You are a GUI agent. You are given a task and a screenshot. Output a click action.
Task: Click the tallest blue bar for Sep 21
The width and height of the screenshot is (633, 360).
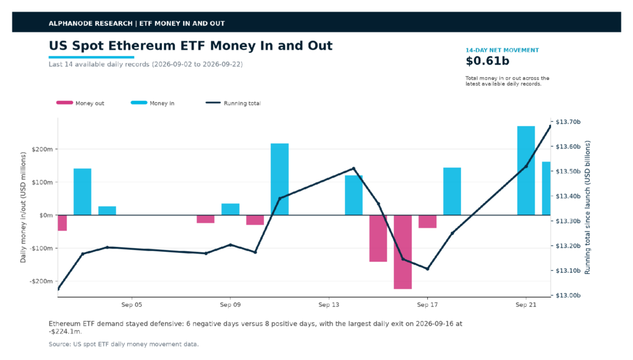[525, 171]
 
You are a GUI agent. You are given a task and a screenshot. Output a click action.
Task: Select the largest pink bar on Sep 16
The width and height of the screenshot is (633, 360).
[402, 252]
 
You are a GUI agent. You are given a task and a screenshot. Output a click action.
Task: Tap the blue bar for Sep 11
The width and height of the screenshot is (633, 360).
[279, 179]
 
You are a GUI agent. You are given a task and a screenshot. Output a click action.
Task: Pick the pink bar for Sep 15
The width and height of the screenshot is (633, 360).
[378, 238]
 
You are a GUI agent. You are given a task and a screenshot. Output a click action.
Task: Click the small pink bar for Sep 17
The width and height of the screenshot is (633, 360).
[427, 221]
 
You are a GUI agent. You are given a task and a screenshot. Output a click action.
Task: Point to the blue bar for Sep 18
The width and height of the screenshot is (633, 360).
[452, 191]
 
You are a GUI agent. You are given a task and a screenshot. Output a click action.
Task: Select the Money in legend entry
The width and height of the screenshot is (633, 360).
[153, 103]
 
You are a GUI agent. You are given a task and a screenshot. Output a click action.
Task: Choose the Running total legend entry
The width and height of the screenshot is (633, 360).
[233, 103]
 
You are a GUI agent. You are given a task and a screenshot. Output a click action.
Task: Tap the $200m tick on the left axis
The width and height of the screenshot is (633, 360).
[43, 149]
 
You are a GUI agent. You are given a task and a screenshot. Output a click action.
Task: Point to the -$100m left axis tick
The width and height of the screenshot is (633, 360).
[41, 248]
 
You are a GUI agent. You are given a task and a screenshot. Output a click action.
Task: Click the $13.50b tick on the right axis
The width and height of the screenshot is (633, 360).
[568, 171]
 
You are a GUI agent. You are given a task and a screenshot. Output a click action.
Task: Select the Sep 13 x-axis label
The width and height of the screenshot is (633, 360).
[329, 305]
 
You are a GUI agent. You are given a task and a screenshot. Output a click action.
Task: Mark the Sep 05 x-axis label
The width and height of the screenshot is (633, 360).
[132, 305]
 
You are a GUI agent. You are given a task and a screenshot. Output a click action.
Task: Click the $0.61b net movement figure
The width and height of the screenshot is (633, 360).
[487, 61]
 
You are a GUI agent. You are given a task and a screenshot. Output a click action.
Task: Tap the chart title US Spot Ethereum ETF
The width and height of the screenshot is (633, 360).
[190, 46]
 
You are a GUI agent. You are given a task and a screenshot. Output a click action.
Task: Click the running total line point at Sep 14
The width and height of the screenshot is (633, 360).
[353, 168]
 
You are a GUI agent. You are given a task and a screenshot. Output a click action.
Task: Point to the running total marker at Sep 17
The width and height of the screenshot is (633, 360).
[427, 268]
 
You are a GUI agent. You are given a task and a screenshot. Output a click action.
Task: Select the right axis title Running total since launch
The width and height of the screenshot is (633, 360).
[587, 207]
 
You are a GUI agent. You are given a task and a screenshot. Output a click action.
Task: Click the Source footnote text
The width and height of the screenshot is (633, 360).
[124, 345]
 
